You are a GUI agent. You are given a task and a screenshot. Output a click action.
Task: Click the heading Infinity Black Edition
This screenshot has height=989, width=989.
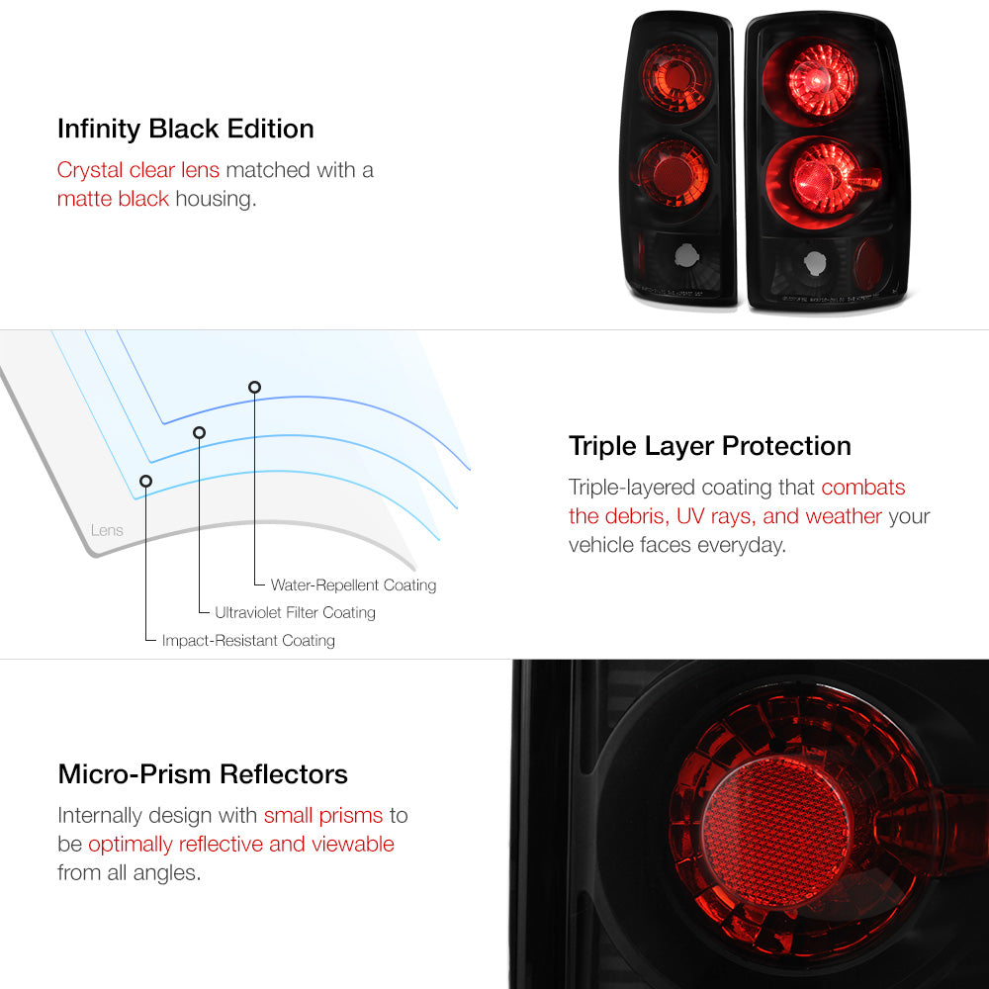[186, 129]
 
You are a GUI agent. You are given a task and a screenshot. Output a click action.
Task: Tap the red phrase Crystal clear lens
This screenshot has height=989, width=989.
[138, 170]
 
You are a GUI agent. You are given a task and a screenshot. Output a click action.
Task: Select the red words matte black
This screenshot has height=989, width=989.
[113, 199]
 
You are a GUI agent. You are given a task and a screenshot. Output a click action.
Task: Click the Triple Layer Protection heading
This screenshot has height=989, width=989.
[709, 446]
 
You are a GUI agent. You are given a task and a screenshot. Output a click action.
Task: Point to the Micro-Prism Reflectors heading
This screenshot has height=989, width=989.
[203, 774]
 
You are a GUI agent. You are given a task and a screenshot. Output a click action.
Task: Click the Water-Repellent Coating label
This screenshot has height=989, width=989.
[353, 584]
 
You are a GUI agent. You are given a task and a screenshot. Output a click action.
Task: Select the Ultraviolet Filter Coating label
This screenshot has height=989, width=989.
[295, 612]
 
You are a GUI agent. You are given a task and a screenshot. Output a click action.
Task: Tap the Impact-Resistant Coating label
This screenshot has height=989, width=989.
[248, 640]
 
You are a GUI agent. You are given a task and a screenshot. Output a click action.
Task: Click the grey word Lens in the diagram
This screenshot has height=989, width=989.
[107, 530]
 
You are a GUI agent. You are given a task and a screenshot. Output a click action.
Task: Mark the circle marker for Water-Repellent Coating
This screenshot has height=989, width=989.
[254, 388]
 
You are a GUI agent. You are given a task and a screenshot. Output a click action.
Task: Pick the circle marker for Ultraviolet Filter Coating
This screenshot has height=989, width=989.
[200, 433]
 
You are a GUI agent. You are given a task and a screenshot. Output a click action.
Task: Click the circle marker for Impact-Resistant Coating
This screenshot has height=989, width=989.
[145, 482]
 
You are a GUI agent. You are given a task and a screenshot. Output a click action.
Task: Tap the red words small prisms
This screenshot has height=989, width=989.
[323, 816]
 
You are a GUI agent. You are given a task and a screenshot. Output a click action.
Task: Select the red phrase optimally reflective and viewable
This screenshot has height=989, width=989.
[241, 845]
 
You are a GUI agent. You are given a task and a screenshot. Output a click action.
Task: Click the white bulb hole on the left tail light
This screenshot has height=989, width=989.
[686, 255]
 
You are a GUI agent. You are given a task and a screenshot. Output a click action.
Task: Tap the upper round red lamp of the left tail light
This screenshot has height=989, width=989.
[675, 77]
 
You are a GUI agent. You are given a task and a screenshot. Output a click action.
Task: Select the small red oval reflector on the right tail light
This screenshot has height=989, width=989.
[869, 264]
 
